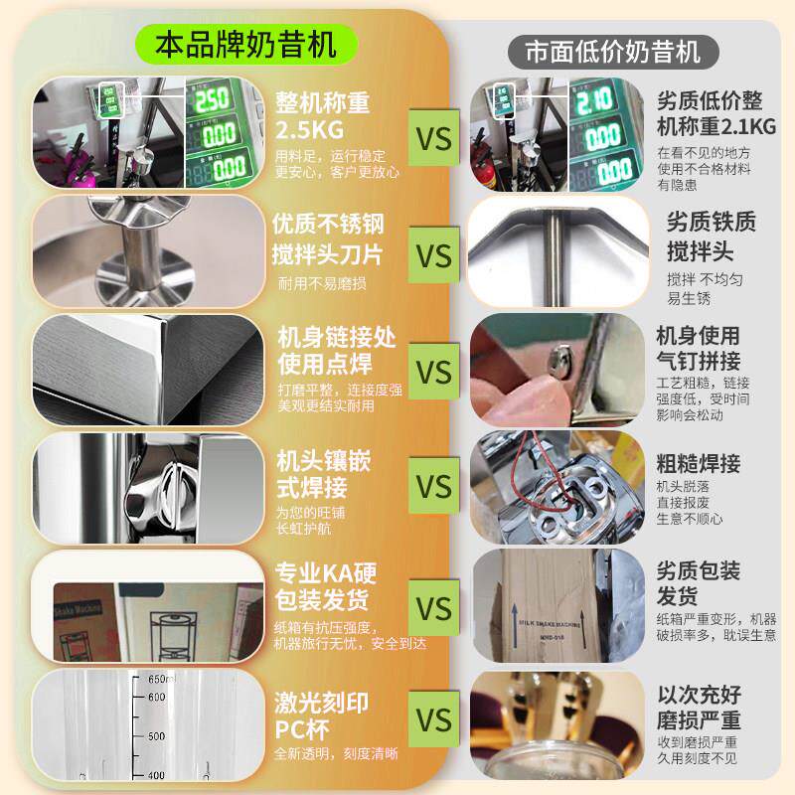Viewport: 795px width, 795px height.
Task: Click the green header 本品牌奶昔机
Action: tap(246, 43)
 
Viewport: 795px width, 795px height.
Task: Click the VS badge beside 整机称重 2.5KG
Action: tap(432, 137)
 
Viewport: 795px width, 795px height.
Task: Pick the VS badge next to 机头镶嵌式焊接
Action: tap(432, 488)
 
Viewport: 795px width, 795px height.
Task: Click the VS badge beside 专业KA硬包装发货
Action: tap(432, 607)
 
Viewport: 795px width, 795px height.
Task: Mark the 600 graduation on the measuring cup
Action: tap(156, 698)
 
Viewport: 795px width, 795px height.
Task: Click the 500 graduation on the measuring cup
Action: tap(156, 737)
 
